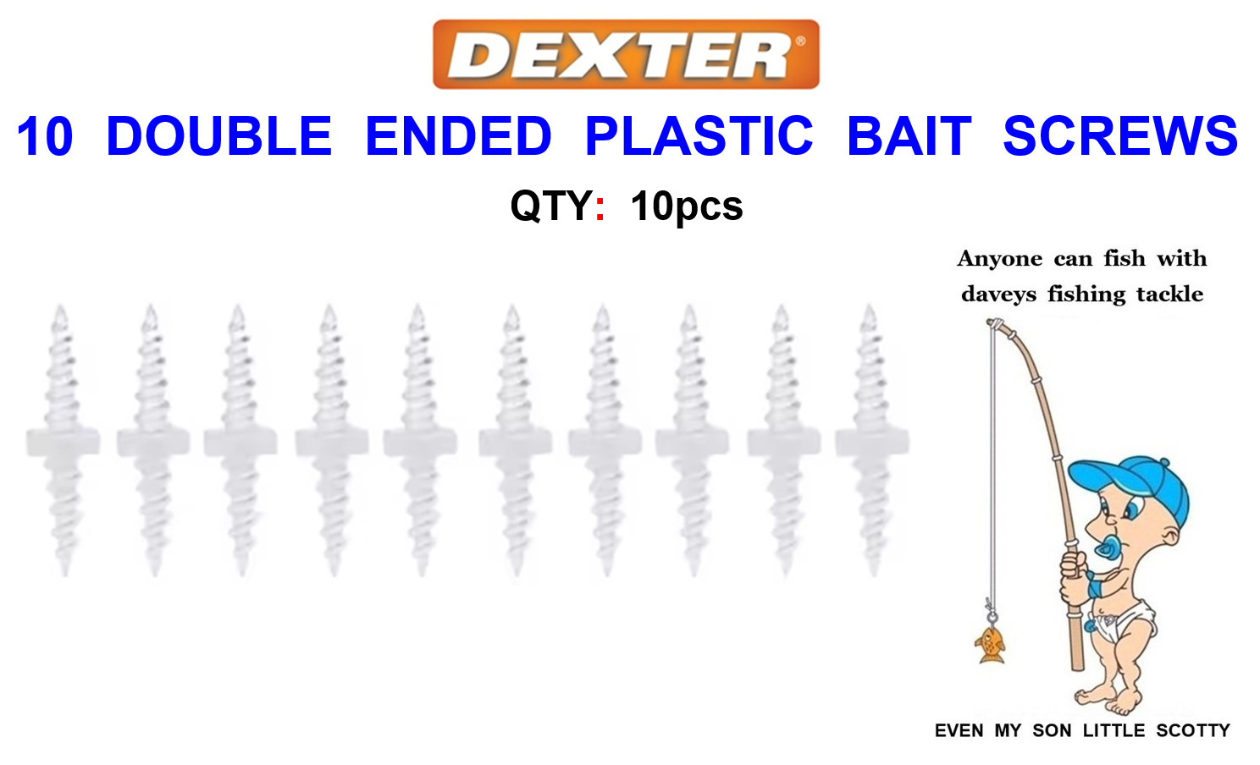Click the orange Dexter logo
(626, 54)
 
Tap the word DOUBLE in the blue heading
(218, 135)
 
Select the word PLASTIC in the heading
(699, 135)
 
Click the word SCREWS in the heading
(1120, 135)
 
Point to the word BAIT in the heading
(909, 135)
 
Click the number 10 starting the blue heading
(45, 135)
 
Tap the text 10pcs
(687, 206)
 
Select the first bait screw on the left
(63, 440)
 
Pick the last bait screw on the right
(872, 440)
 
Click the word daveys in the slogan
(998, 294)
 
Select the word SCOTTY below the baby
(1193, 730)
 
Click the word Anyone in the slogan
(999, 259)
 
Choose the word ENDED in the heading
(458, 135)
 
